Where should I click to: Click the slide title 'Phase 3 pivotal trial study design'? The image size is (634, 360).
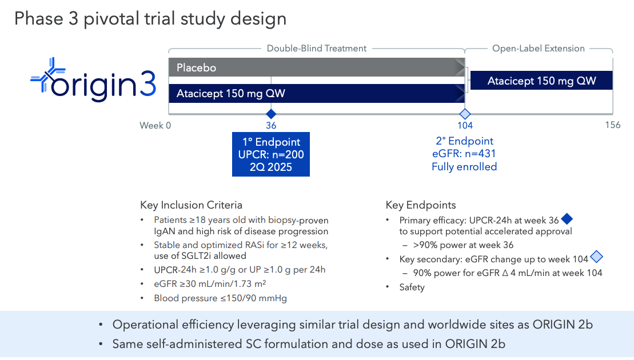[x=150, y=19]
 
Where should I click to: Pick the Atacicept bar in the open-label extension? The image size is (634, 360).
[x=541, y=81]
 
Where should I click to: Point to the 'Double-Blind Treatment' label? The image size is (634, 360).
[x=316, y=49]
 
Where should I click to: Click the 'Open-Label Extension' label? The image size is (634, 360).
[x=538, y=49]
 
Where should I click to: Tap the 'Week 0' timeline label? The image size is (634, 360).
[x=155, y=126]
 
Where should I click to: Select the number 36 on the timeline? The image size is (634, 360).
[x=271, y=126]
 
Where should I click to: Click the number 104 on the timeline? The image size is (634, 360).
[x=465, y=126]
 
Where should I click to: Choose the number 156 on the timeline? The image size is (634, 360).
[x=612, y=126]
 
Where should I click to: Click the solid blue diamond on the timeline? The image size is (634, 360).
[x=271, y=113]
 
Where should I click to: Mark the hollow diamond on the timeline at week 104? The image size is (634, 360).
[x=465, y=113]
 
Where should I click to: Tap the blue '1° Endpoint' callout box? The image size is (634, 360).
[x=270, y=154]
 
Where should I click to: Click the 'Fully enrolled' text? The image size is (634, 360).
[x=464, y=167]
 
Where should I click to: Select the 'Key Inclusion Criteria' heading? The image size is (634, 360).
[x=191, y=205]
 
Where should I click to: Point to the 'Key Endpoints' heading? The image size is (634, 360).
[x=421, y=205]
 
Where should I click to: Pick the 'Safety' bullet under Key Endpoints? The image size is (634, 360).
[x=412, y=287]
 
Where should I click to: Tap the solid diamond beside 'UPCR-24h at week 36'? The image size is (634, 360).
[x=567, y=219]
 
